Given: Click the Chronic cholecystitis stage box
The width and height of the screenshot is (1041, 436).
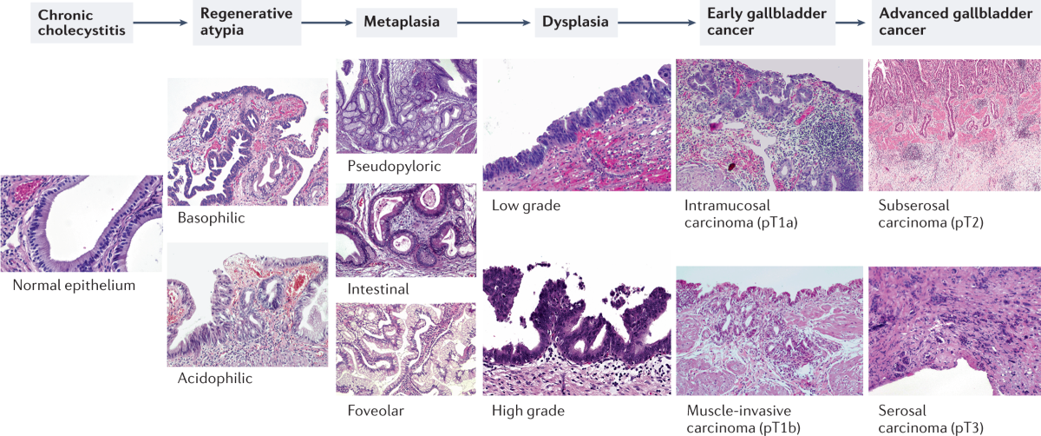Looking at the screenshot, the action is [74, 23].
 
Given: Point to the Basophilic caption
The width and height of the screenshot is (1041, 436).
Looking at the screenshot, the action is [210, 218].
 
